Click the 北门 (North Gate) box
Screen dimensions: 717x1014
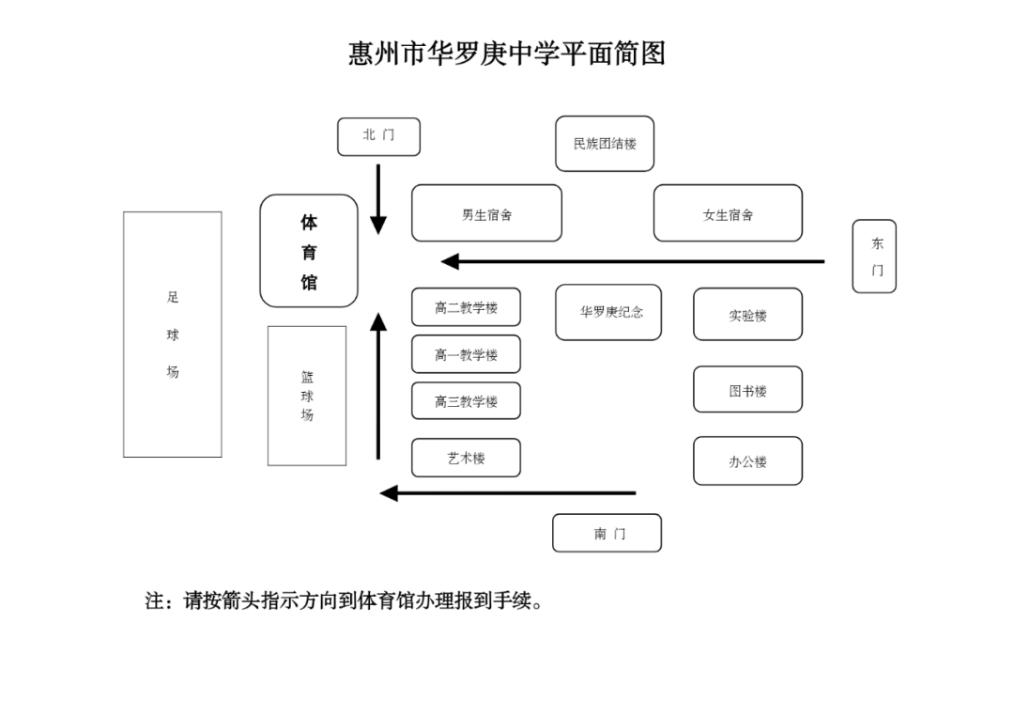(378, 136)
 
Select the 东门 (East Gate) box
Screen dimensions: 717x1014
(874, 257)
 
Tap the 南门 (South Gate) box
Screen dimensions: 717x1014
(607, 533)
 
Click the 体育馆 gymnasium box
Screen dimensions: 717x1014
(309, 251)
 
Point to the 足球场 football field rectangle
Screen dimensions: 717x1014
(173, 335)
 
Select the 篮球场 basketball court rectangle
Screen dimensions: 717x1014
(307, 396)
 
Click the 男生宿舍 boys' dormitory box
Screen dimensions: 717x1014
(486, 213)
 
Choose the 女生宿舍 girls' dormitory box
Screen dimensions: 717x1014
(728, 213)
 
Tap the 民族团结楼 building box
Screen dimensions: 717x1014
(605, 144)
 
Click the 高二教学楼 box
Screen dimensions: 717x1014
(466, 307)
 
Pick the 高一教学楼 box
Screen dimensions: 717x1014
(466, 354)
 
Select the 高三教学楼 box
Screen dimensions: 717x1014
(466, 401)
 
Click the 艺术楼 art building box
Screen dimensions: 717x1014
(466, 458)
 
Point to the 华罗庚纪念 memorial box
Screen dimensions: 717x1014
(608, 312)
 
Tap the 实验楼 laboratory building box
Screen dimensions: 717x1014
(747, 315)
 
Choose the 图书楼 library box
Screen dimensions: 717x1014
(747, 390)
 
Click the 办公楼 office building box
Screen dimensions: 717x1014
(747, 461)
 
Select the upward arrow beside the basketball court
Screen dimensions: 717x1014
(378, 385)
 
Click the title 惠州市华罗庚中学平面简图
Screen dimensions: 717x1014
(507, 54)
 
